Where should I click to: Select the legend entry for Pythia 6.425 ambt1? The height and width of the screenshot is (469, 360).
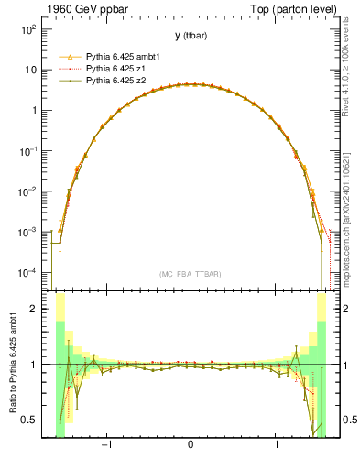pyautogui.click(x=120, y=56)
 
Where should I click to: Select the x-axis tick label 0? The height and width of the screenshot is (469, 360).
pyautogui.click(x=191, y=446)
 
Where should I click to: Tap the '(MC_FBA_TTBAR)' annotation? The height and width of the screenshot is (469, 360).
pyautogui.click(x=190, y=275)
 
